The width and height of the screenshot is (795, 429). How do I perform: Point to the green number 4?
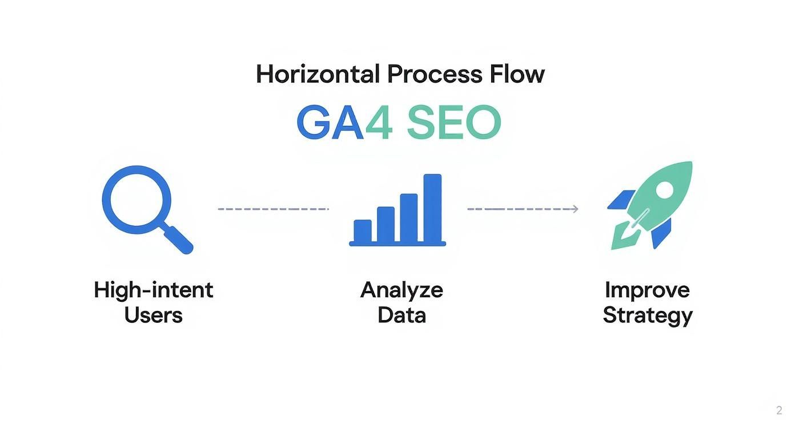coord(379,123)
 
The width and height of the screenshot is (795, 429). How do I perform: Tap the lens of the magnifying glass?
coord(136,197)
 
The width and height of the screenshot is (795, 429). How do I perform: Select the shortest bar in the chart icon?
coord(363,230)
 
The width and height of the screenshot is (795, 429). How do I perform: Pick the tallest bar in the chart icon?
coord(432,208)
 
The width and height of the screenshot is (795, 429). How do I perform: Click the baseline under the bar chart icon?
coord(397,244)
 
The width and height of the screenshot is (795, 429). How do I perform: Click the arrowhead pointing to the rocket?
coord(575,209)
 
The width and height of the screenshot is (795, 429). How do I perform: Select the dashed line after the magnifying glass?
coord(273,209)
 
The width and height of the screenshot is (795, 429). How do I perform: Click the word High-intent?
coord(153,290)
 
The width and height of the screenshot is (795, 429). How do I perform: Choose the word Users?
coord(153,315)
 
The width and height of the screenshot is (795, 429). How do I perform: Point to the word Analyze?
coord(401,290)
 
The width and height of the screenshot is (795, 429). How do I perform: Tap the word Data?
coord(401,315)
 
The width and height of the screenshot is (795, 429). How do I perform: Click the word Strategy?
coord(648,315)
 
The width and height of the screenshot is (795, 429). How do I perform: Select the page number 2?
coord(779,410)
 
